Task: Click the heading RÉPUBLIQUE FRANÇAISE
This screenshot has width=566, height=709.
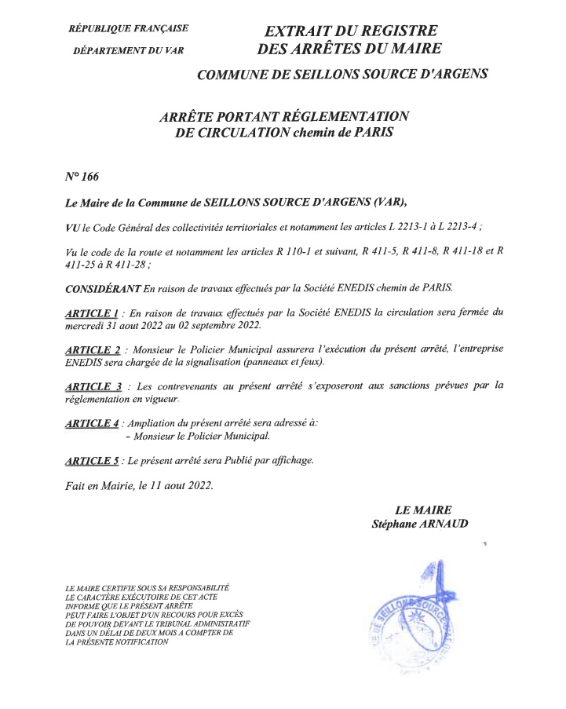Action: point(129,29)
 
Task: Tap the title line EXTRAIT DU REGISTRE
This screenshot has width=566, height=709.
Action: point(350,31)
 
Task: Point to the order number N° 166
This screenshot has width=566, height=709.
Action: point(82,176)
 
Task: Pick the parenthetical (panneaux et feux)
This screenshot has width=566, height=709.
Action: point(269,363)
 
